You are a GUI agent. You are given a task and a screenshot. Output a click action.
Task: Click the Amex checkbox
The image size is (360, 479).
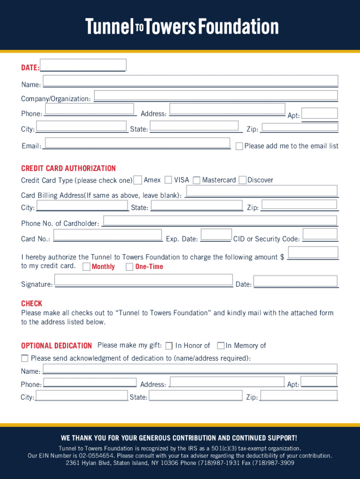click(138, 180)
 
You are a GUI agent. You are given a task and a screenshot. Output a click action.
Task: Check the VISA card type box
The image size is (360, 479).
click(168, 180)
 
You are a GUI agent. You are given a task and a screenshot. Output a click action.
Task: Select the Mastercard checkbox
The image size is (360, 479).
click(196, 180)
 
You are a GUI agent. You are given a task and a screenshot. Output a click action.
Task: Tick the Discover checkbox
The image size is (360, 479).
click(242, 180)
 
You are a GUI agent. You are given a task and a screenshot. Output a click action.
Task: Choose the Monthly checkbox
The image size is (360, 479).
click(86, 267)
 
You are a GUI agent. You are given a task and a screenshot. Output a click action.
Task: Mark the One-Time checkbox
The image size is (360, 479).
click(130, 267)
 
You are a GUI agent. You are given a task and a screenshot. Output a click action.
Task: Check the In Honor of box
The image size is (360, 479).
click(169, 346)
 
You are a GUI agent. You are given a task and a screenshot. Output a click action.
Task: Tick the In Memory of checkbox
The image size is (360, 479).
click(221, 346)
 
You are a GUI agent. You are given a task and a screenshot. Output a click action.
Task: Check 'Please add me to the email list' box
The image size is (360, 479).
click(239, 146)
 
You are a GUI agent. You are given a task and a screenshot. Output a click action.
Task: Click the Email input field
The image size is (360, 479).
click(137, 143)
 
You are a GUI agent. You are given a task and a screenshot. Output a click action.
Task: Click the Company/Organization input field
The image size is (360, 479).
click(216, 96)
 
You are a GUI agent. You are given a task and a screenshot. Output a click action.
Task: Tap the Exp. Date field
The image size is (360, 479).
click(216, 234)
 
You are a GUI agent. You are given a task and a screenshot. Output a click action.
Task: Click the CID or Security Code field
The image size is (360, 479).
click(320, 234)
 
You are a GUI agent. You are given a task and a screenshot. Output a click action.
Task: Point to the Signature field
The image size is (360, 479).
click(144, 280)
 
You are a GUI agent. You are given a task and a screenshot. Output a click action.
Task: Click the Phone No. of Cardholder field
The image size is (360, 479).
click(220, 221)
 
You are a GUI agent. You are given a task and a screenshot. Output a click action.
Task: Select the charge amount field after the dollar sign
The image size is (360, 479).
click(313, 253)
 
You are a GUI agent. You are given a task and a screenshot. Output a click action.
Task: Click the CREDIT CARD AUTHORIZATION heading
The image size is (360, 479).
click(68, 168)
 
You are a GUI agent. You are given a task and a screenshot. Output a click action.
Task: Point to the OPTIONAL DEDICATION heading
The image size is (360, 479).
click(56, 346)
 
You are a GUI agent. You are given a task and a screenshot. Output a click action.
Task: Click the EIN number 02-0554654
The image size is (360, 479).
click(95, 456)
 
